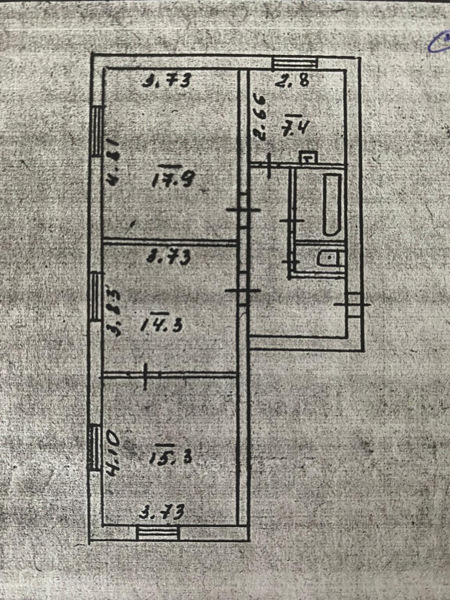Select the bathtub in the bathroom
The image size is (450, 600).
(x=332, y=204)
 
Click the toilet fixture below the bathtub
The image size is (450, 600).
(x=330, y=258)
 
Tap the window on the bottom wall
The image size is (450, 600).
(x=158, y=533)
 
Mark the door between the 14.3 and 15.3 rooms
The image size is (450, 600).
(x=145, y=376)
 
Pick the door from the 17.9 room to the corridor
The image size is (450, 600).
(x=243, y=210)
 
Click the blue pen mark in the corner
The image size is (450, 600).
(x=439, y=43)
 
